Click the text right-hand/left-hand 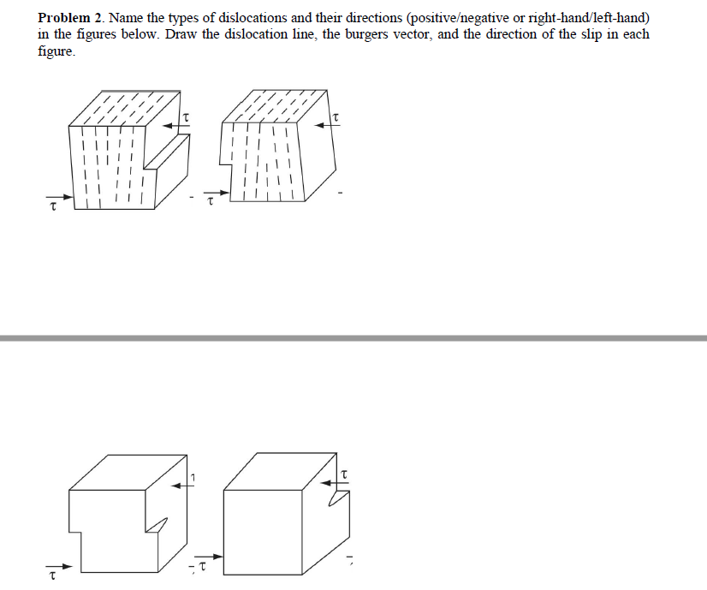(590, 18)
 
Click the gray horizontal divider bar (353, 338)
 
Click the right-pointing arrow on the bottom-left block (70, 567)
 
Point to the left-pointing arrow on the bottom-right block (332, 484)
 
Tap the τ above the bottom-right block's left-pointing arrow (344, 472)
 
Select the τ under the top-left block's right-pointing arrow (53, 206)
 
